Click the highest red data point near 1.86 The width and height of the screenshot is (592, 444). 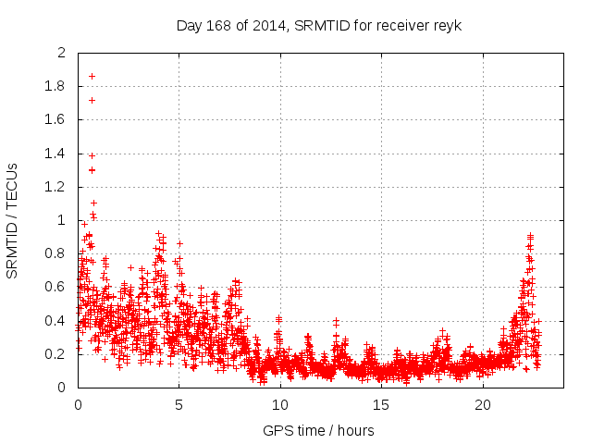pos(92,76)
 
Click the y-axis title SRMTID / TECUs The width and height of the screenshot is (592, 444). pos(13,220)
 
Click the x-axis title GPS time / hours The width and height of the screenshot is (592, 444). pos(319,430)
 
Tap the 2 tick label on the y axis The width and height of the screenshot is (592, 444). pos(61,53)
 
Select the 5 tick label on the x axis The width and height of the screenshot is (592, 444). pos(179,405)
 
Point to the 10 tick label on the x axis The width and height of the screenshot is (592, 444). pos(279,405)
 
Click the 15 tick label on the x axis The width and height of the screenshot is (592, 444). pos(380,405)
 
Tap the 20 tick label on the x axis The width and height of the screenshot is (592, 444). pos(482,405)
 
